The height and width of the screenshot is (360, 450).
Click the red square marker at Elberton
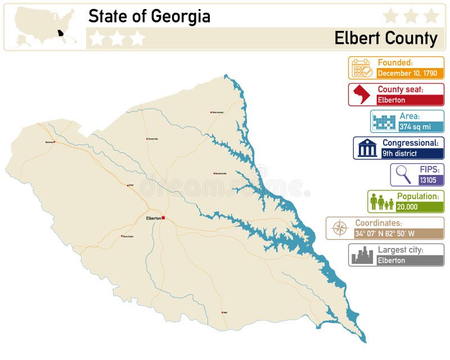163,218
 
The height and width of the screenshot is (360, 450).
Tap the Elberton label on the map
153,218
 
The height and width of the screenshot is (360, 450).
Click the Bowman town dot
54,142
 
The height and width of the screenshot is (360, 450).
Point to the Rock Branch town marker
211,112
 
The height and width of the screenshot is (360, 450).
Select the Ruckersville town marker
214,173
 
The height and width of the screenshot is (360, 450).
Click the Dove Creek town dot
121,236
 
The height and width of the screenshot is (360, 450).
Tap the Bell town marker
222,312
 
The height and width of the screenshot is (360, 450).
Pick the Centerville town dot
147,138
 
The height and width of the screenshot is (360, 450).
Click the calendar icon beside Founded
362,68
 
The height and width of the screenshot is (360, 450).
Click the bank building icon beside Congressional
367,148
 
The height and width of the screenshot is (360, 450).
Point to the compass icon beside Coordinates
340,228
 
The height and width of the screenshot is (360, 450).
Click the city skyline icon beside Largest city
362,255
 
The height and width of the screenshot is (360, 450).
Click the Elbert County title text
385,38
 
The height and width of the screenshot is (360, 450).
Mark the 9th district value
400,153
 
